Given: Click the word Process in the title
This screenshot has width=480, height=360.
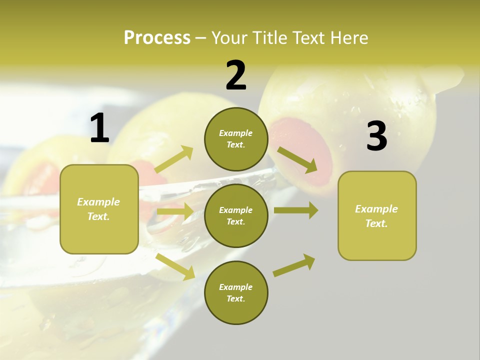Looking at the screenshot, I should point(157,38).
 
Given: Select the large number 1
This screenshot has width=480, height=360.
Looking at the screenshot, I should point(99,128).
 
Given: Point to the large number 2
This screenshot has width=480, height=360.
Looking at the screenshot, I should point(236,75).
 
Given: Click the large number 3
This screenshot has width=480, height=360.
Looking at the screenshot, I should point(376,136).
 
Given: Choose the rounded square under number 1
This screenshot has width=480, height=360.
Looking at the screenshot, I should point(99,209).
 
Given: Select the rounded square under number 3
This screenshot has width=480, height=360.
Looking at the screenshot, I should point(377,215).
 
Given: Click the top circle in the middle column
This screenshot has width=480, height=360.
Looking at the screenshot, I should point(236,139).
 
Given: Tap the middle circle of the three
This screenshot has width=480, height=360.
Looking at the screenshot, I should point(236,215).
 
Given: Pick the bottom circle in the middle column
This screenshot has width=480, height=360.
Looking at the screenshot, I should point(236,292).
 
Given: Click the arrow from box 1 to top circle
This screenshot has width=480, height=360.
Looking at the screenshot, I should point(174,159).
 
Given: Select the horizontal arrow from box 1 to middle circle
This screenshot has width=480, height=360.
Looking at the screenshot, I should point(174,211).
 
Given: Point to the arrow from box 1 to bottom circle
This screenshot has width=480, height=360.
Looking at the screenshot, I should point(175,266).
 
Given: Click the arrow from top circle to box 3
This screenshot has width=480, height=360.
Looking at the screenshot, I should point(297,159).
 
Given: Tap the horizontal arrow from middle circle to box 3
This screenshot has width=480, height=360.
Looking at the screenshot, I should point(295,210).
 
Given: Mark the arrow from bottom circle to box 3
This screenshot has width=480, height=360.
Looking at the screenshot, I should point(294,265).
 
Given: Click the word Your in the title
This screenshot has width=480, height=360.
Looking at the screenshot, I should point(229,38).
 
